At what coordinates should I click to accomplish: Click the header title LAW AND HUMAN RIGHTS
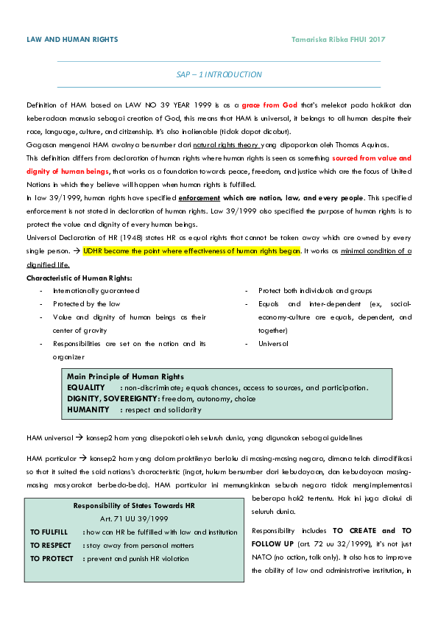click(72, 39)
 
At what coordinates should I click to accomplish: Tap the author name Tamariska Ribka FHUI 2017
click(339, 39)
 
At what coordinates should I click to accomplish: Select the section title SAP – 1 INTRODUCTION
click(219, 74)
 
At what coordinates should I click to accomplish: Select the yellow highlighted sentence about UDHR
click(191, 251)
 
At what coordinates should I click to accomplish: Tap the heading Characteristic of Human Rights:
click(80, 278)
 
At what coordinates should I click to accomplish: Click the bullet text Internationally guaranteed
click(96, 291)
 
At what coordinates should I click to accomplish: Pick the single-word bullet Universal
click(273, 343)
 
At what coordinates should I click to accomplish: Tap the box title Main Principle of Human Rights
click(125, 376)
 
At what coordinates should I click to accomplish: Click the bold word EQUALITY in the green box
click(85, 387)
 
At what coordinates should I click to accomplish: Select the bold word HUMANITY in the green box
click(88, 409)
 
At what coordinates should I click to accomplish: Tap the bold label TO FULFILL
click(49, 532)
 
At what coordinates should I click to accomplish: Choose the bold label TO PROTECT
click(52, 559)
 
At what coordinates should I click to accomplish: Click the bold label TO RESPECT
click(51, 546)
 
